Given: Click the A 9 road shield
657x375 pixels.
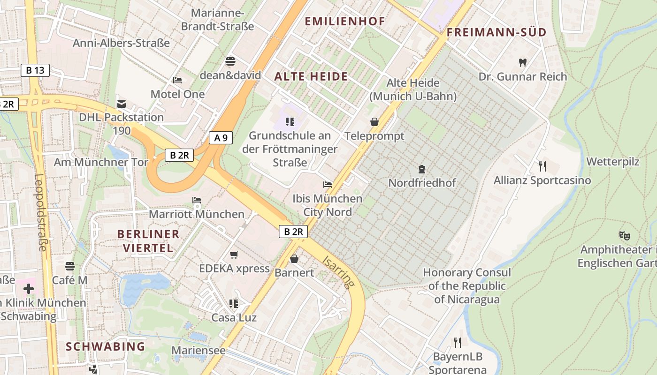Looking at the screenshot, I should pyautogui.click(x=221, y=138).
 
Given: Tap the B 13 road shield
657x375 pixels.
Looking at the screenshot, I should pyautogui.click(x=35, y=71).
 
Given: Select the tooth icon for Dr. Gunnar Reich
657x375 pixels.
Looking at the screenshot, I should pyautogui.click(x=523, y=62).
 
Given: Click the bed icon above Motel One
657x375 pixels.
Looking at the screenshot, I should pyautogui.click(x=177, y=80).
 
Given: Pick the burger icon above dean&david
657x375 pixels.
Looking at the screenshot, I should pyautogui.click(x=230, y=61).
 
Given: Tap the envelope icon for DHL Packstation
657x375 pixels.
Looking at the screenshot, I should pyautogui.click(x=122, y=104).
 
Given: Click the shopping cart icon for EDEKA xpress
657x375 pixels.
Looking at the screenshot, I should pyautogui.click(x=234, y=255).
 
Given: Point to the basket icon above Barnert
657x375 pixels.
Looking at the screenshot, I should pyautogui.click(x=294, y=258).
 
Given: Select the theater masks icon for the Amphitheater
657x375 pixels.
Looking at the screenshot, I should pyautogui.click(x=624, y=235).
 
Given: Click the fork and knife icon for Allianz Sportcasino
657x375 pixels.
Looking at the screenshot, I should pyautogui.click(x=542, y=166).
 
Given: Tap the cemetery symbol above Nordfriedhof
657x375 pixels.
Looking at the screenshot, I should pyautogui.click(x=421, y=169).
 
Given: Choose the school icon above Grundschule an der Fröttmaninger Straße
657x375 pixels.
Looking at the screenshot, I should pyautogui.click(x=290, y=122).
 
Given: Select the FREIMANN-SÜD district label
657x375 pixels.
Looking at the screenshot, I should pyautogui.click(x=497, y=32).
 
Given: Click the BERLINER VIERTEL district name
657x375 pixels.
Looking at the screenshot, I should pyautogui.click(x=148, y=241).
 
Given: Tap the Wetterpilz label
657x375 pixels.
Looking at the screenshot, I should pyautogui.click(x=613, y=162).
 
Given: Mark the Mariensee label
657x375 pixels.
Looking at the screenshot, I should pyautogui.click(x=199, y=350).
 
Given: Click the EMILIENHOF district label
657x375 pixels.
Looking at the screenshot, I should pyautogui.click(x=345, y=21).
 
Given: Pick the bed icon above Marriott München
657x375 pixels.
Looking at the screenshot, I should pyautogui.click(x=197, y=200).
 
